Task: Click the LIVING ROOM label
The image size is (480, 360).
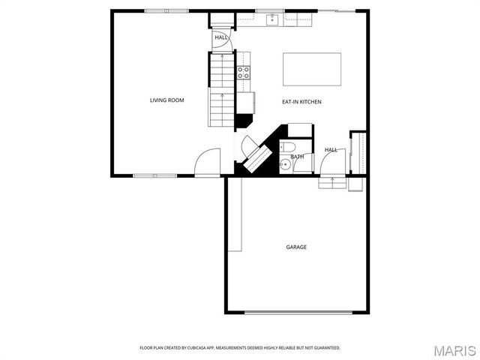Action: (x=166, y=100)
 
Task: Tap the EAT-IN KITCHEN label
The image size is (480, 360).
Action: (x=301, y=101)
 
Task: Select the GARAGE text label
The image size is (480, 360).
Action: (x=295, y=247)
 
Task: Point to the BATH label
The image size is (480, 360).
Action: (x=298, y=157)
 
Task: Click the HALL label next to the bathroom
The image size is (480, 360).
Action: (x=331, y=150)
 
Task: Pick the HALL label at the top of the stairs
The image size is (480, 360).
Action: (x=221, y=37)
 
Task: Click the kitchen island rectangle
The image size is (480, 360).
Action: (x=311, y=69)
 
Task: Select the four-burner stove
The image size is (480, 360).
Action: (x=244, y=73)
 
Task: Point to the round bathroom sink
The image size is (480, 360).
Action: (x=285, y=165)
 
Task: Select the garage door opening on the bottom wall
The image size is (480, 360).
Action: (x=297, y=312)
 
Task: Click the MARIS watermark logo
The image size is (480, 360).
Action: (x=454, y=349)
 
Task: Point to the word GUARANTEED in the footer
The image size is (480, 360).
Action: (x=325, y=348)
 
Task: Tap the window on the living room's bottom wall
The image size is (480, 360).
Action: (x=154, y=176)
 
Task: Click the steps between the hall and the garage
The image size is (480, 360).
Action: (x=331, y=182)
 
